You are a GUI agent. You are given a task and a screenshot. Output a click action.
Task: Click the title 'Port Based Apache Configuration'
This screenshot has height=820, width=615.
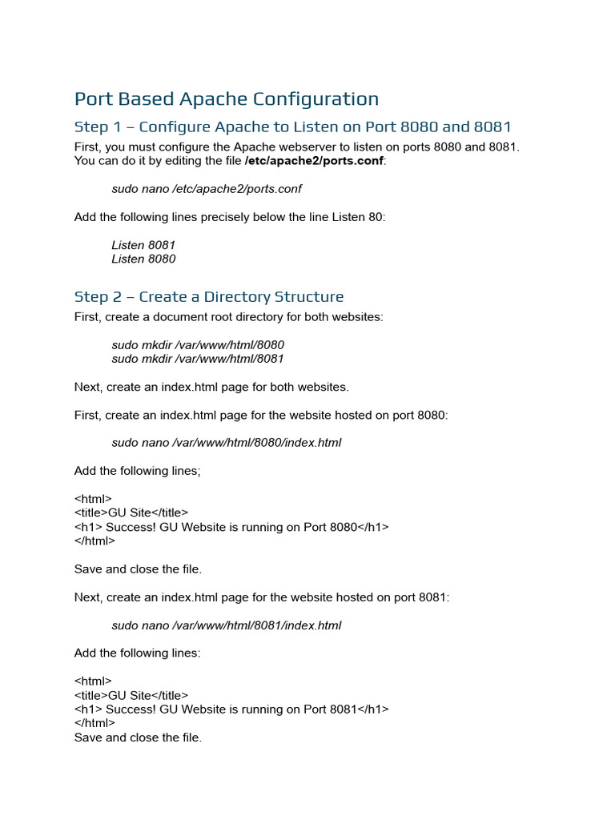(x=227, y=99)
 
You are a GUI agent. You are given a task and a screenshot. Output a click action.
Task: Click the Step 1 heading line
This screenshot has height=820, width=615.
(x=292, y=127)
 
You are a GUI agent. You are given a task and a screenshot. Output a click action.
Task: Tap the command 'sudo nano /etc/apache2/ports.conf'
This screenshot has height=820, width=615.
(x=207, y=189)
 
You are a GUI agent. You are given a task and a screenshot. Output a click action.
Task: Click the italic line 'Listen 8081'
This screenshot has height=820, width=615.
(x=143, y=245)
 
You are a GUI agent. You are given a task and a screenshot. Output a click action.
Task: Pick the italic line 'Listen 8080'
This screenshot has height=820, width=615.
(x=143, y=259)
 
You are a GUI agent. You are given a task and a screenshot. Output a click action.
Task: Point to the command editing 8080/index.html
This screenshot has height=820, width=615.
(x=227, y=443)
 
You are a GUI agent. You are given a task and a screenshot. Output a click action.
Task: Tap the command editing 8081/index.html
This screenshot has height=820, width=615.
(x=227, y=625)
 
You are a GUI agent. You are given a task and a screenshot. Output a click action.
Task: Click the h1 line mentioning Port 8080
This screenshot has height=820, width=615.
(x=231, y=527)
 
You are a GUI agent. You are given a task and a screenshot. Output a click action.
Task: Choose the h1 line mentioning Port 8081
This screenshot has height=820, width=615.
(x=231, y=709)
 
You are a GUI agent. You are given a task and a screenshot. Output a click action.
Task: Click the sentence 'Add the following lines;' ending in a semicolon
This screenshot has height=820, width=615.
(x=138, y=471)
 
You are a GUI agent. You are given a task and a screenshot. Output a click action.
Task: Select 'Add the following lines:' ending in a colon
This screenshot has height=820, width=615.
(x=138, y=653)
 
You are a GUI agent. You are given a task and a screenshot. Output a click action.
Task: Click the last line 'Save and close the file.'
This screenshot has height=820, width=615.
(x=138, y=738)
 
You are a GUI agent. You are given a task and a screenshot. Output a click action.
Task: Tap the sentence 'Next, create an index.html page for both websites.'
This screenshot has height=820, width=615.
(x=211, y=388)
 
